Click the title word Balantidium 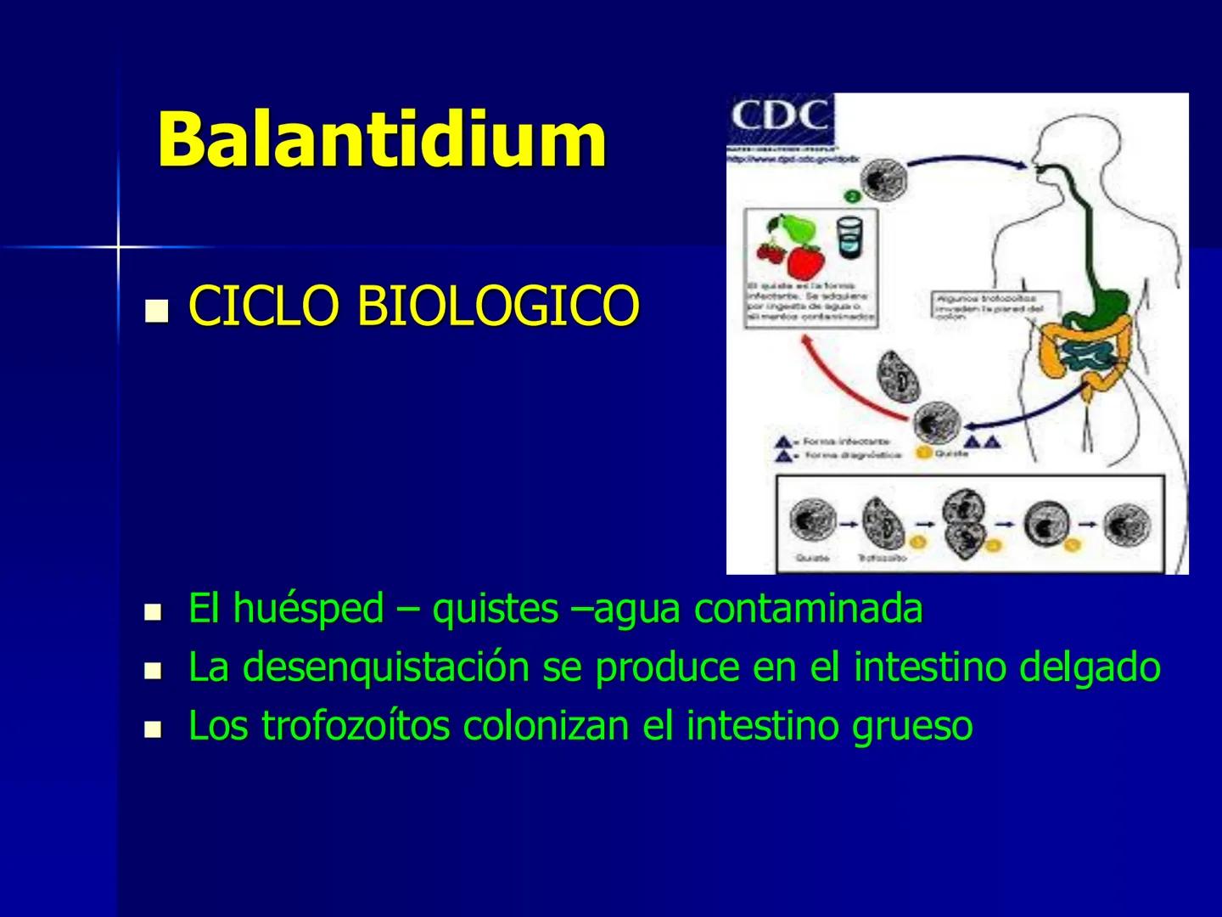382,139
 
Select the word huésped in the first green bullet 308,609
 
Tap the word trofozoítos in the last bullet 355,726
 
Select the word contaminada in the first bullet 808,609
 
